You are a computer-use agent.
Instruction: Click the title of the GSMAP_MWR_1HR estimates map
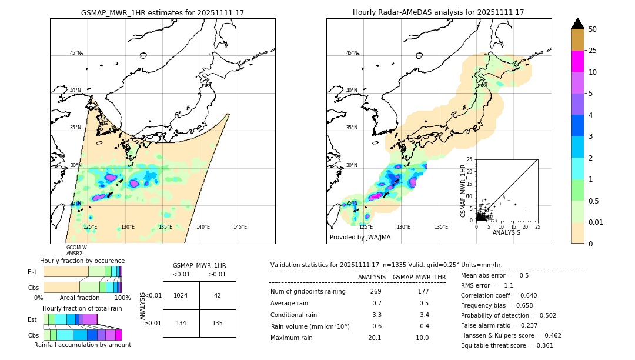(162, 12)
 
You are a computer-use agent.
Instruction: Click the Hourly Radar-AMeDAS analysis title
(438, 12)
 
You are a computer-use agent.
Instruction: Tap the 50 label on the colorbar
(593, 29)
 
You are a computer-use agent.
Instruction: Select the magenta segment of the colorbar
(577, 61)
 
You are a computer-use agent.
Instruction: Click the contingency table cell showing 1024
(181, 295)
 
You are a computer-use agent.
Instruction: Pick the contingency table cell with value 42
(218, 295)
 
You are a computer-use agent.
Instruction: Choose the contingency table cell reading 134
(181, 323)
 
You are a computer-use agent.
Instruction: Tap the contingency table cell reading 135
(218, 323)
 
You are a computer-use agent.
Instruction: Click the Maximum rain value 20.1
(375, 338)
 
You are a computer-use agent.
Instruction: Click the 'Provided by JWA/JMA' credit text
(360, 237)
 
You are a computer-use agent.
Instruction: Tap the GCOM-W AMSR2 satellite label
(76, 251)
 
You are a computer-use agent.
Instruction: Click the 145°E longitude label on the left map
(240, 227)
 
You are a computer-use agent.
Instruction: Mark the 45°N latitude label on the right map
(352, 53)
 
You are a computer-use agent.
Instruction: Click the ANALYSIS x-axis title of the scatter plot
(506, 232)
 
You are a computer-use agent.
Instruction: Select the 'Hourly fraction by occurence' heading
(82, 261)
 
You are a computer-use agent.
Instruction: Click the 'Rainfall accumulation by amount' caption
(82, 345)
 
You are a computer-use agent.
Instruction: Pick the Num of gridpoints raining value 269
(376, 292)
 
